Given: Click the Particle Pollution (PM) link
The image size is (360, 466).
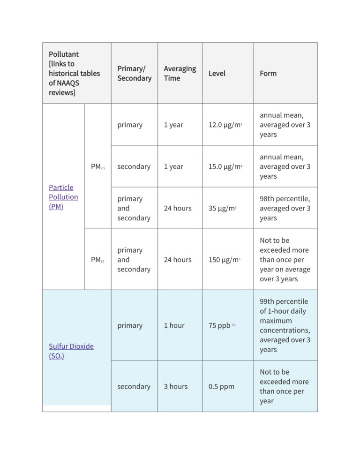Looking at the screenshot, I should [63, 197].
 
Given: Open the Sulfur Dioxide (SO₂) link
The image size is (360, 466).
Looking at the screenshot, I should [71, 351].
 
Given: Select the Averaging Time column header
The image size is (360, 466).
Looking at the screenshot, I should [180, 73].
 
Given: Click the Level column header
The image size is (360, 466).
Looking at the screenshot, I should [217, 73].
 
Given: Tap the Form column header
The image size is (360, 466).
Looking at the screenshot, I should [268, 73].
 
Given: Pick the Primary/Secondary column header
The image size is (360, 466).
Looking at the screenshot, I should [134, 73].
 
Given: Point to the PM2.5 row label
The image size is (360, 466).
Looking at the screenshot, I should [97, 166].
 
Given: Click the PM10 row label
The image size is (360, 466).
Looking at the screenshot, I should [97, 260].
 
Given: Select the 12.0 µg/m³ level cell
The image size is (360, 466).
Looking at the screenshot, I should [225, 125].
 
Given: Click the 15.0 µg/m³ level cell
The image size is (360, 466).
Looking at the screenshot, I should [225, 166].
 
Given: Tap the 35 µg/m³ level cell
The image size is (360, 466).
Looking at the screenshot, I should [222, 208].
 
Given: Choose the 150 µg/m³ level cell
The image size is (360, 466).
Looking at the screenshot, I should [224, 260].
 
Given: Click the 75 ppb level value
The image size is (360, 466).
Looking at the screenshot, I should [219, 325].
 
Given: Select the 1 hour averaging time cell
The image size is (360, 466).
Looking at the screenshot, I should [174, 325].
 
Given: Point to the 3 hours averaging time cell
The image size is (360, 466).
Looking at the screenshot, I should [175, 386].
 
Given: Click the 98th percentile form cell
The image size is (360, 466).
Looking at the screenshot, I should [285, 208].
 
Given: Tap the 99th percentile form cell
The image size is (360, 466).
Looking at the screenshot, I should [285, 325].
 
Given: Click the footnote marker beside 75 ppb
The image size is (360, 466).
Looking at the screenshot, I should [233, 324].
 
